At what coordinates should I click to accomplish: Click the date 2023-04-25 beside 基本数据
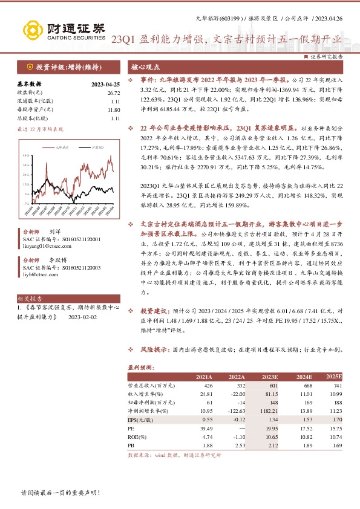point(105,84)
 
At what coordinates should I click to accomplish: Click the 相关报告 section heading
point(31,299)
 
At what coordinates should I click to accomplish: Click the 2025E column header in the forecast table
point(333,377)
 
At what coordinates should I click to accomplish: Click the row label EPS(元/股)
point(143,418)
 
